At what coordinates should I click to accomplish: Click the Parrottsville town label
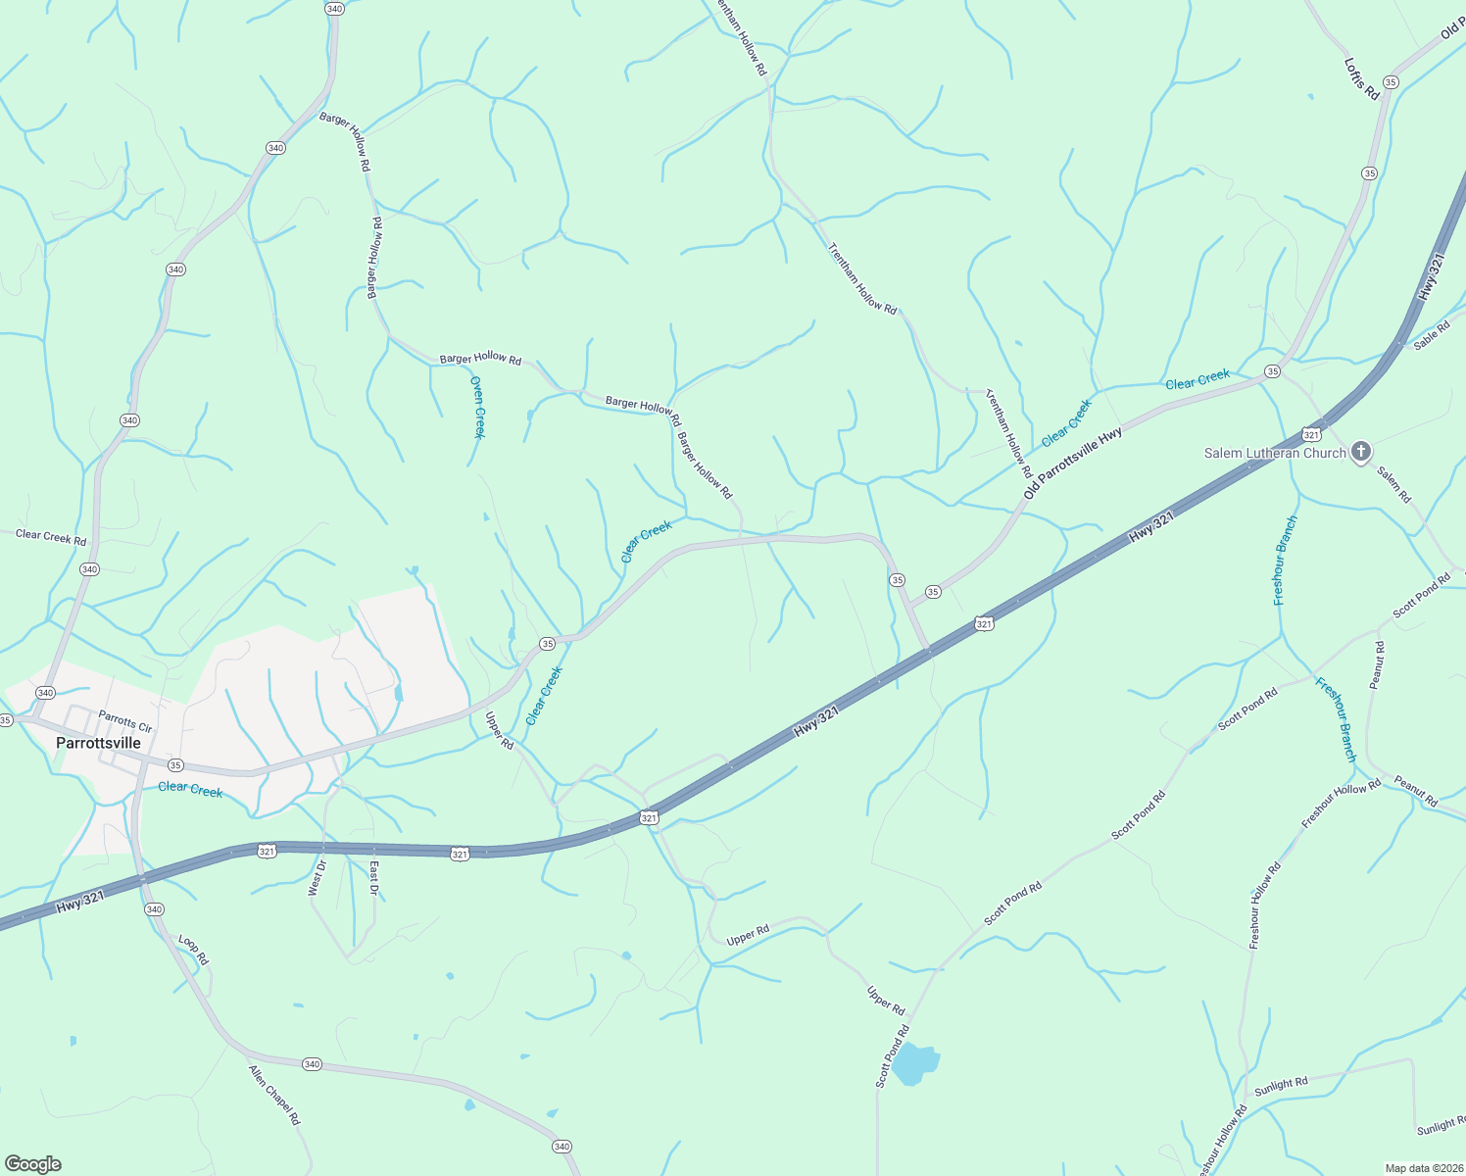click(x=98, y=743)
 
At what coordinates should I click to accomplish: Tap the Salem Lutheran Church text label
click(x=1275, y=453)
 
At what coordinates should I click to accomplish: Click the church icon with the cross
click(x=1360, y=452)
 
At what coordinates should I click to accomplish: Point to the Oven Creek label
click(x=477, y=407)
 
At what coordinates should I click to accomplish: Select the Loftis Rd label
click(x=1361, y=78)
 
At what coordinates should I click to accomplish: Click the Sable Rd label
click(x=1431, y=335)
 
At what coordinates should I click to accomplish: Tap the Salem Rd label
click(x=1393, y=484)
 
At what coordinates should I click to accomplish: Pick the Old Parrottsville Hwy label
click(x=1072, y=463)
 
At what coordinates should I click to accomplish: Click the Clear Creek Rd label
click(x=51, y=536)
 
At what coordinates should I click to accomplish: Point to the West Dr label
click(x=316, y=877)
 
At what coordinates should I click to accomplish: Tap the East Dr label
click(x=373, y=877)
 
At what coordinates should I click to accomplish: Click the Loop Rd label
click(x=193, y=950)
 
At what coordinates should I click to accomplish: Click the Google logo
click(x=33, y=1164)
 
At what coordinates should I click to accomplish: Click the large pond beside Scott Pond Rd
click(x=916, y=1063)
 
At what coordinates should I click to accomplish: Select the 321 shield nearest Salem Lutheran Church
click(x=1310, y=433)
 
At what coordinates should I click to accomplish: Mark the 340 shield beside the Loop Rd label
click(x=154, y=909)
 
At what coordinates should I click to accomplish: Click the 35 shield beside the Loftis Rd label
click(x=1390, y=81)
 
